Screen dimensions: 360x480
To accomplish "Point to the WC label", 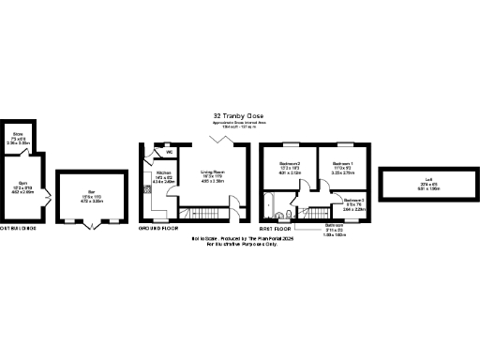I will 169,152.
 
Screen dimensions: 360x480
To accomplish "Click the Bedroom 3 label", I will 353,202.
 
